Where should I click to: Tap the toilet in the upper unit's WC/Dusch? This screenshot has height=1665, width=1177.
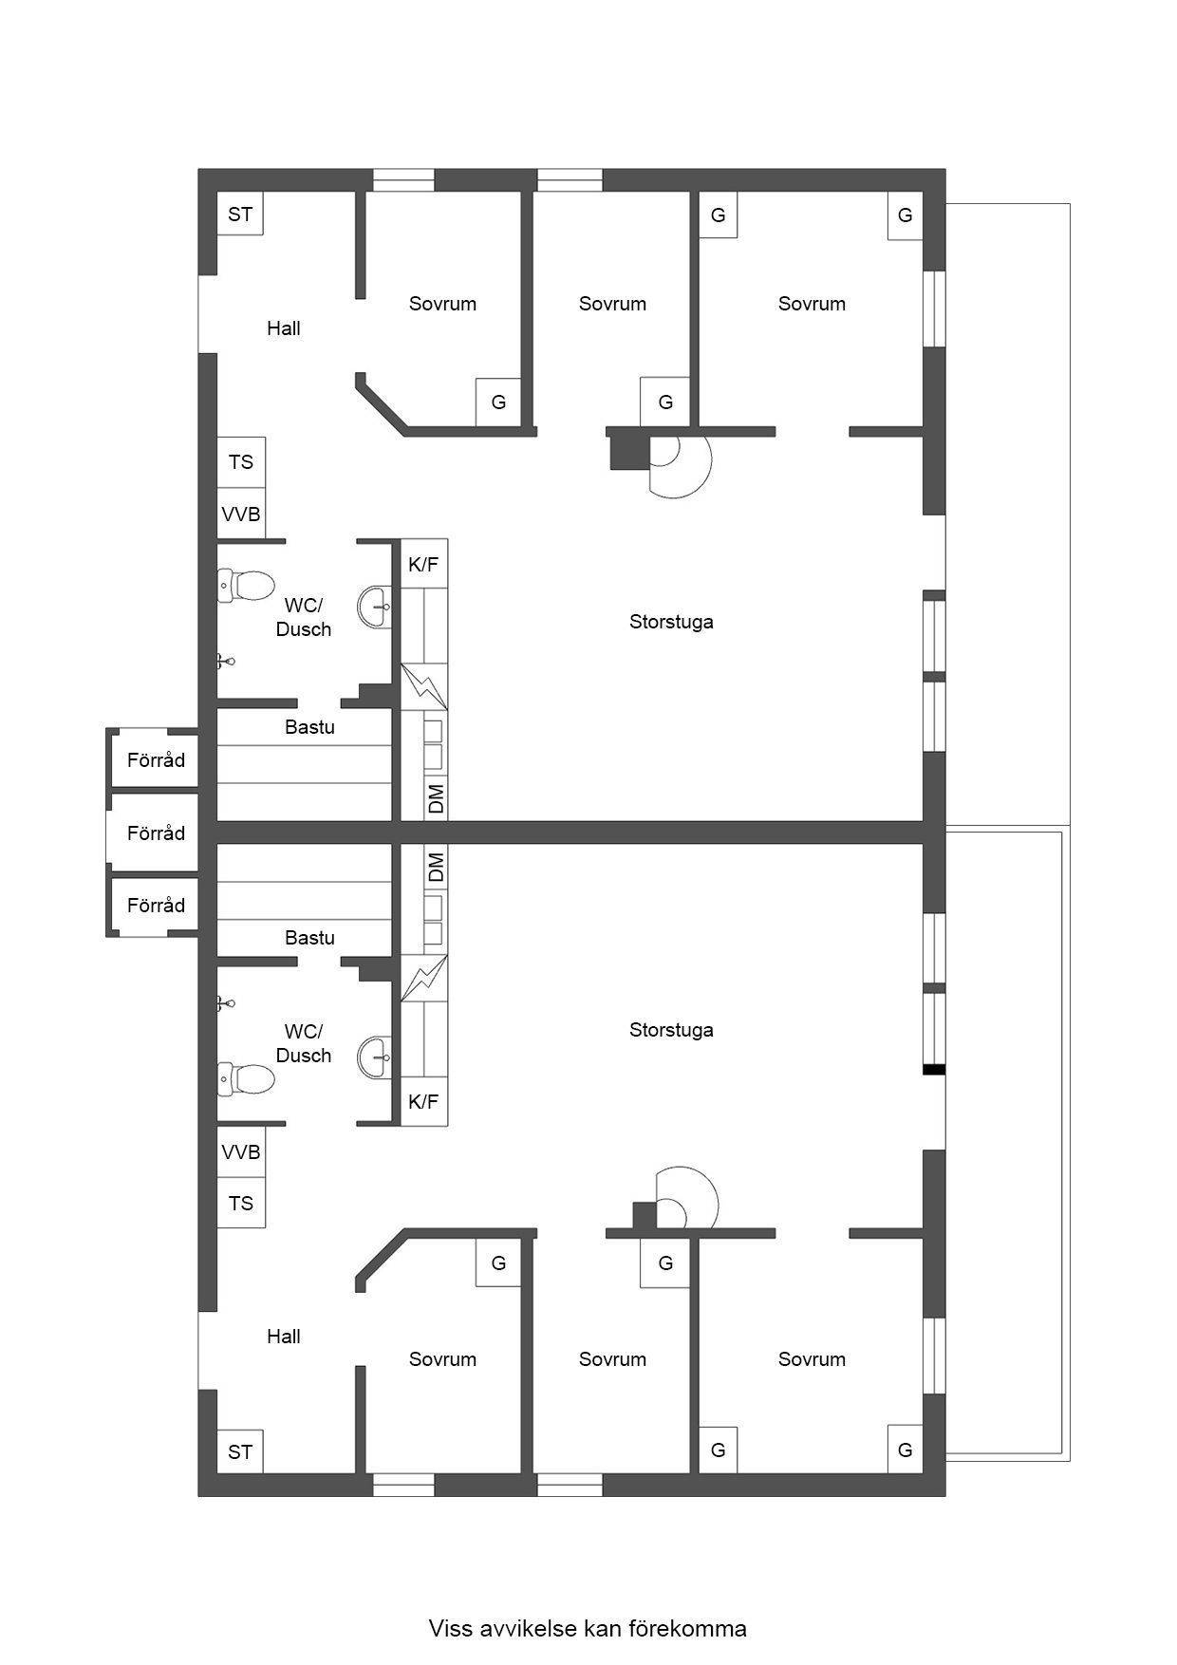click(246, 586)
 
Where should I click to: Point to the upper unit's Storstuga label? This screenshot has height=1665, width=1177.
click(671, 622)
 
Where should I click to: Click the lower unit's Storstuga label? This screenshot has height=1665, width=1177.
click(671, 1030)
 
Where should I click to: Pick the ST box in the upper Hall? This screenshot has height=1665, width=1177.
click(240, 214)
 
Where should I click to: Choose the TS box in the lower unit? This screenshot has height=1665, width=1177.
click(241, 1203)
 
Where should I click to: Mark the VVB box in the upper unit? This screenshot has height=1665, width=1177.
click(241, 514)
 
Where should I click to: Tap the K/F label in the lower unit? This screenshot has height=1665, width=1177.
click(423, 1102)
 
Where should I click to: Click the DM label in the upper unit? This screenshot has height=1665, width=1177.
click(436, 798)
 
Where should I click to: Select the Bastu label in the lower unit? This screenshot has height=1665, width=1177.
click(309, 938)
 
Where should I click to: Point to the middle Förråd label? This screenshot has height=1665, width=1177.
click(156, 833)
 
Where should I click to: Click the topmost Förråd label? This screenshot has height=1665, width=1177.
click(156, 760)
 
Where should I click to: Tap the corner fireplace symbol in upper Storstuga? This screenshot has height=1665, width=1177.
click(660, 461)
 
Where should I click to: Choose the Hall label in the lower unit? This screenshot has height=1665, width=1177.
click(283, 1337)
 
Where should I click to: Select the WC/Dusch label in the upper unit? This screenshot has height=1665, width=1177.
click(304, 617)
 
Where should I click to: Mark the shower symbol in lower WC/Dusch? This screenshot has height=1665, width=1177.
click(225, 1002)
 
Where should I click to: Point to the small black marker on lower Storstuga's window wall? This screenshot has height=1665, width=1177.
click(935, 1070)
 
